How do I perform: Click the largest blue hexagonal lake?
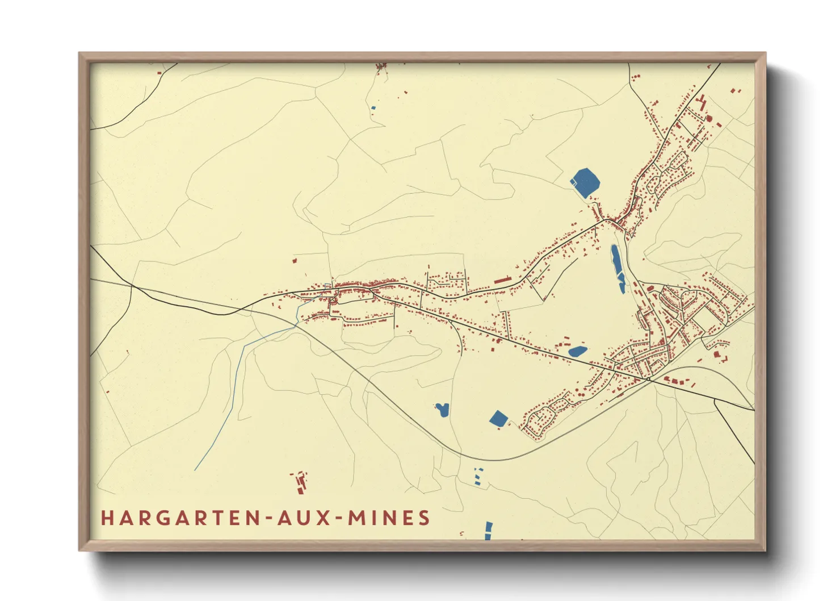point(585,182)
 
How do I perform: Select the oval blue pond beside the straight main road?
point(577,352)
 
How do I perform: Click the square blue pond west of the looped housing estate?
point(498,419)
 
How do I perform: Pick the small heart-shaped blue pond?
point(442,410)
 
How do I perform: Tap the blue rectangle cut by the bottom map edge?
point(488,531)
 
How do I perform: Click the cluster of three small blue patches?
point(478,476)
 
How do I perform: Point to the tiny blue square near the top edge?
point(373,107)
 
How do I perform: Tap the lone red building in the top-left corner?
point(159,73)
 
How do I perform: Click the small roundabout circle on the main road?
point(648,378)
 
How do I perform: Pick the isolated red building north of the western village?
point(295,261)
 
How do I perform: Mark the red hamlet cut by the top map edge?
point(381,67)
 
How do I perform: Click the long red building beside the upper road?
point(502,280)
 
